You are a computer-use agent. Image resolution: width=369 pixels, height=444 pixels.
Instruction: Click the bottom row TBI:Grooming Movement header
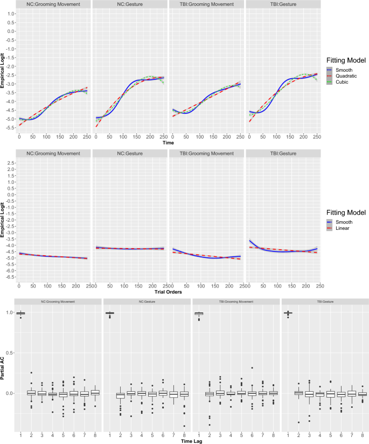click(235, 300)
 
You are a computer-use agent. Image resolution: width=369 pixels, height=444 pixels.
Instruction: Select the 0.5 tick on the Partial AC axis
click(9, 353)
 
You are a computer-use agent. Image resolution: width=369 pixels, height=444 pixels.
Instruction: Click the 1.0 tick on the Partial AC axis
click(9, 312)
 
